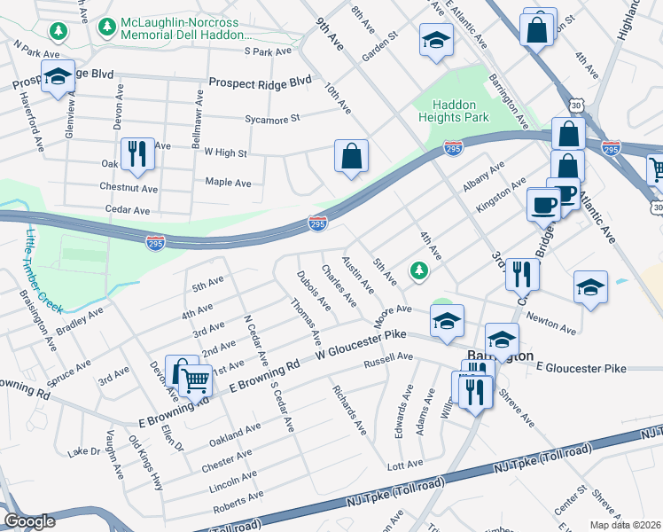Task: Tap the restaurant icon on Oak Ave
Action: pyautogui.click(x=136, y=153)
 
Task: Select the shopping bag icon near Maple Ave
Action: pyautogui.click(x=352, y=156)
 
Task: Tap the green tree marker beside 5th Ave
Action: pyautogui.click(x=416, y=270)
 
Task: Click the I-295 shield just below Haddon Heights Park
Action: pyautogui.click(x=452, y=148)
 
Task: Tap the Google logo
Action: pyautogui.click(x=30, y=521)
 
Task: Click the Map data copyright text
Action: pyautogui.click(x=625, y=524)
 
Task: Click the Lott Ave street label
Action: pyautogui.click(x=402, y=465)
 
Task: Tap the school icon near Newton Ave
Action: pyautogui.click(x=590, y=287)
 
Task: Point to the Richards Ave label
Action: pyautogui.click(x=348, y=409)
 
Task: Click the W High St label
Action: pyautogui.click(x=225, y=153)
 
